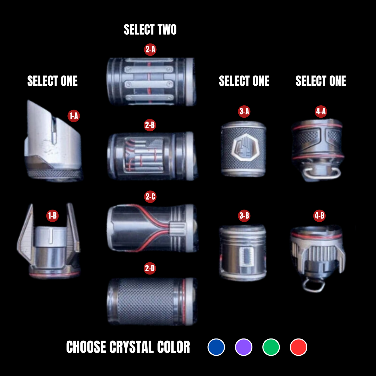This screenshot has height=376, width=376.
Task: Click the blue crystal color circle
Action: pyautogui.click(x=216, y=347)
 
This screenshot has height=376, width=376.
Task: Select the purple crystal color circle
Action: pyautogui.click(x=244, y=347)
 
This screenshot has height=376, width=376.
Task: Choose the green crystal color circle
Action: pyautogui.click(x=271, y=347)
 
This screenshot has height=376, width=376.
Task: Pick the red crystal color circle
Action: pyautogui.click(x=298, y=347)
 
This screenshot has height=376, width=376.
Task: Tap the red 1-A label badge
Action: pyautogui.click(x=74, y=116)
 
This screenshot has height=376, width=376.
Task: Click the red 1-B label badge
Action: pyautogui.click(x=52, y=216)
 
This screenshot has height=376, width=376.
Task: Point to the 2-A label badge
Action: pyautogui.click(x=150, y=49)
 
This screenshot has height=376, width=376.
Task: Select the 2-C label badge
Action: pyautogui.click(x=150, y=196)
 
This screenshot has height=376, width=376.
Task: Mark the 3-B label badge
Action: pyautogui.click(x=244, y=216)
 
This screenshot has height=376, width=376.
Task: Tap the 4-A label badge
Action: pyautogui.click(x=321, y=112)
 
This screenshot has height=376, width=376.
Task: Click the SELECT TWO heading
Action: pyautogui.click(x=150, y=30)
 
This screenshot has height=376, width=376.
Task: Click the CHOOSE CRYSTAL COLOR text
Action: pyautogui.click(x=128, y=347)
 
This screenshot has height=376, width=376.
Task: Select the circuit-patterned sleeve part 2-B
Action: pyautogui.click(x=151, y=156)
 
